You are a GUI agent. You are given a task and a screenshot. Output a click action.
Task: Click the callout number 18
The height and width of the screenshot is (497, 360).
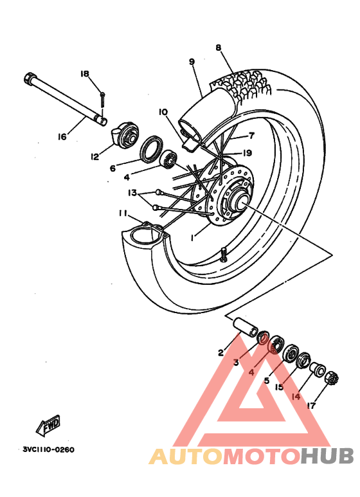84,74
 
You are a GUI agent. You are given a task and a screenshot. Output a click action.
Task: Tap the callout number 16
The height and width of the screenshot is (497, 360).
62,136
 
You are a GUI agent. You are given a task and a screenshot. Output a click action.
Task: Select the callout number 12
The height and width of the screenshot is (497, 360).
95,156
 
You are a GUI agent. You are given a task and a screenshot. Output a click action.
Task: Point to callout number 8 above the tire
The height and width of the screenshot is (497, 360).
218,48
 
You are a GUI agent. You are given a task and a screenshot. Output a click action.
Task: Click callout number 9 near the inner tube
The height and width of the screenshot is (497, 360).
192,62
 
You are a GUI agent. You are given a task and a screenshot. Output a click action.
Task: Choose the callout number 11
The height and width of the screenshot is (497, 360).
122,213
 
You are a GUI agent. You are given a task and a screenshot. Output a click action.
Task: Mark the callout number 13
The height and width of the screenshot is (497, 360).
132,193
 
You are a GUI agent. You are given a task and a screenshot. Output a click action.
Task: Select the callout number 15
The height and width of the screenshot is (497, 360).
280,387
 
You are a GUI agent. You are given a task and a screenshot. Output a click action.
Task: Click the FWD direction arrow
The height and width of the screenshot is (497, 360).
48,425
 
